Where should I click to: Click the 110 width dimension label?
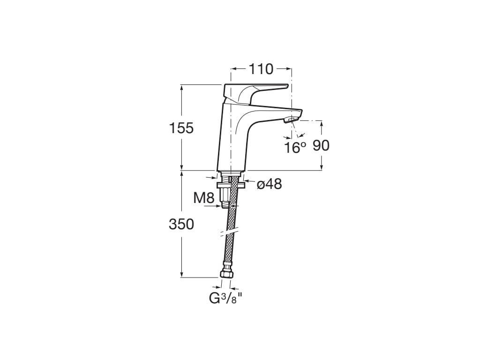pos(261,69)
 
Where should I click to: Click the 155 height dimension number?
pos(181,127)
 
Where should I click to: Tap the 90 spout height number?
pos(321,145)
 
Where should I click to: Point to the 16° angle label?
pos(295,148)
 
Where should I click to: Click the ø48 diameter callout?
pos(270,184)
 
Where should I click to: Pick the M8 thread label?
pos(204,198)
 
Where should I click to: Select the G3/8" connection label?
pos(225,298)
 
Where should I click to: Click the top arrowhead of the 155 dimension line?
pos(181,87)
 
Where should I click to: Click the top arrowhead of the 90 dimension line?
pos(322,123)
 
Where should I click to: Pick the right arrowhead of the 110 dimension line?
pos(289,69)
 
